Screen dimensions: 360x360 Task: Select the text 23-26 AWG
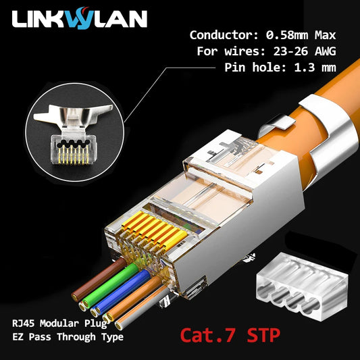coord(301,51)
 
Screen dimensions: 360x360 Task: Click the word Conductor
coord(220,35)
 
